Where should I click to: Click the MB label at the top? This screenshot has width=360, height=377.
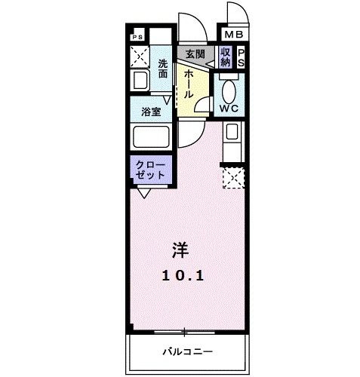(x=232, y=35)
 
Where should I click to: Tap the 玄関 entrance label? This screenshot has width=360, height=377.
(x=195, y=54)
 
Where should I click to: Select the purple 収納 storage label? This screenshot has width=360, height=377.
(x=225, y=57)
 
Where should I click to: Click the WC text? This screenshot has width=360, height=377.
(x=229, y=108)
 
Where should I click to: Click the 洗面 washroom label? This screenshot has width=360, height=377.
(x=164, y=69)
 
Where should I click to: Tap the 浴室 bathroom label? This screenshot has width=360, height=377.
(x=151, y=112)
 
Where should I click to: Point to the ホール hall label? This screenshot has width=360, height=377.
(x=187, y=83)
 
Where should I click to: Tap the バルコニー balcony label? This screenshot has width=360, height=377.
(x=186, y=351)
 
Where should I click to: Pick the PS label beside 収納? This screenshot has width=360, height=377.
(x=240, y=58)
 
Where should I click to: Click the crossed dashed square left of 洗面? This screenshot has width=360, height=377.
(x=140, y=56)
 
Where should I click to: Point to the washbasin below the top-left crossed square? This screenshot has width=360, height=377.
(x=140, y=81)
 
